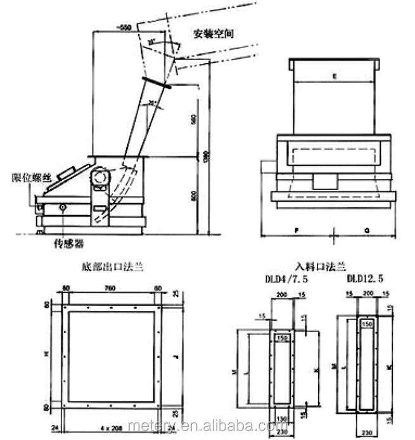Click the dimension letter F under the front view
point(297,232)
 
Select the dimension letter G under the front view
point(367,232)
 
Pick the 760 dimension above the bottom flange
point(112,290)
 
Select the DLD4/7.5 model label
point(286,278)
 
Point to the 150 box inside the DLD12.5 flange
point(366,323)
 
